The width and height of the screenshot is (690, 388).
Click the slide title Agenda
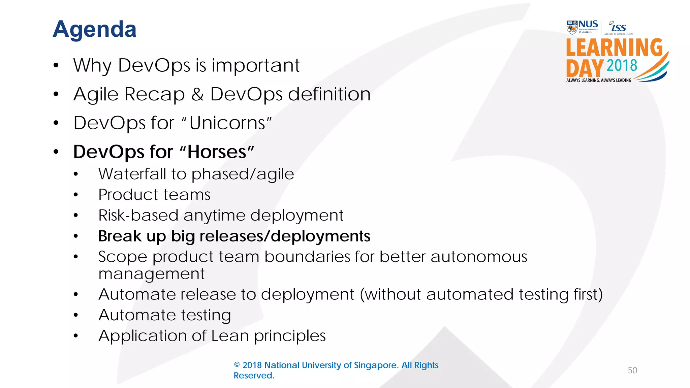95,29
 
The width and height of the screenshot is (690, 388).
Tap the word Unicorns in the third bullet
228,123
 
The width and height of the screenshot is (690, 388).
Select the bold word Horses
217,152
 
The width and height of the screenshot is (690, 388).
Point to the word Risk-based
138,215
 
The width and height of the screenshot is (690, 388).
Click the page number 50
632,370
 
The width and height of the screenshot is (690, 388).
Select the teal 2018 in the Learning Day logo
622,65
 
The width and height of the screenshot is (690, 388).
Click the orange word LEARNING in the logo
614,47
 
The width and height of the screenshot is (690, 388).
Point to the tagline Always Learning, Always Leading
599,80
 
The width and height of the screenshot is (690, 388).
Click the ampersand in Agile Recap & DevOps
197,94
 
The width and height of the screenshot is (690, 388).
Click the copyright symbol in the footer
237,365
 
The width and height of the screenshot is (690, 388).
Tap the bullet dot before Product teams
76,195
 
